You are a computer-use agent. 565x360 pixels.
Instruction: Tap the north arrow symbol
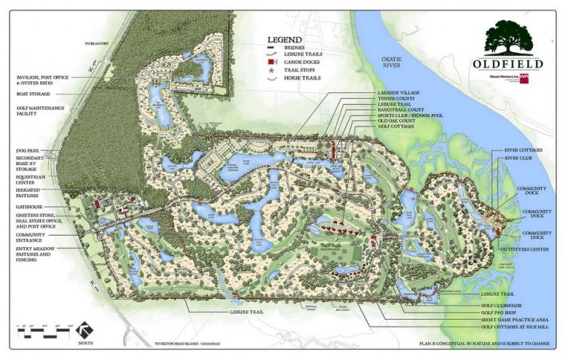click(x=83, y=329)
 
